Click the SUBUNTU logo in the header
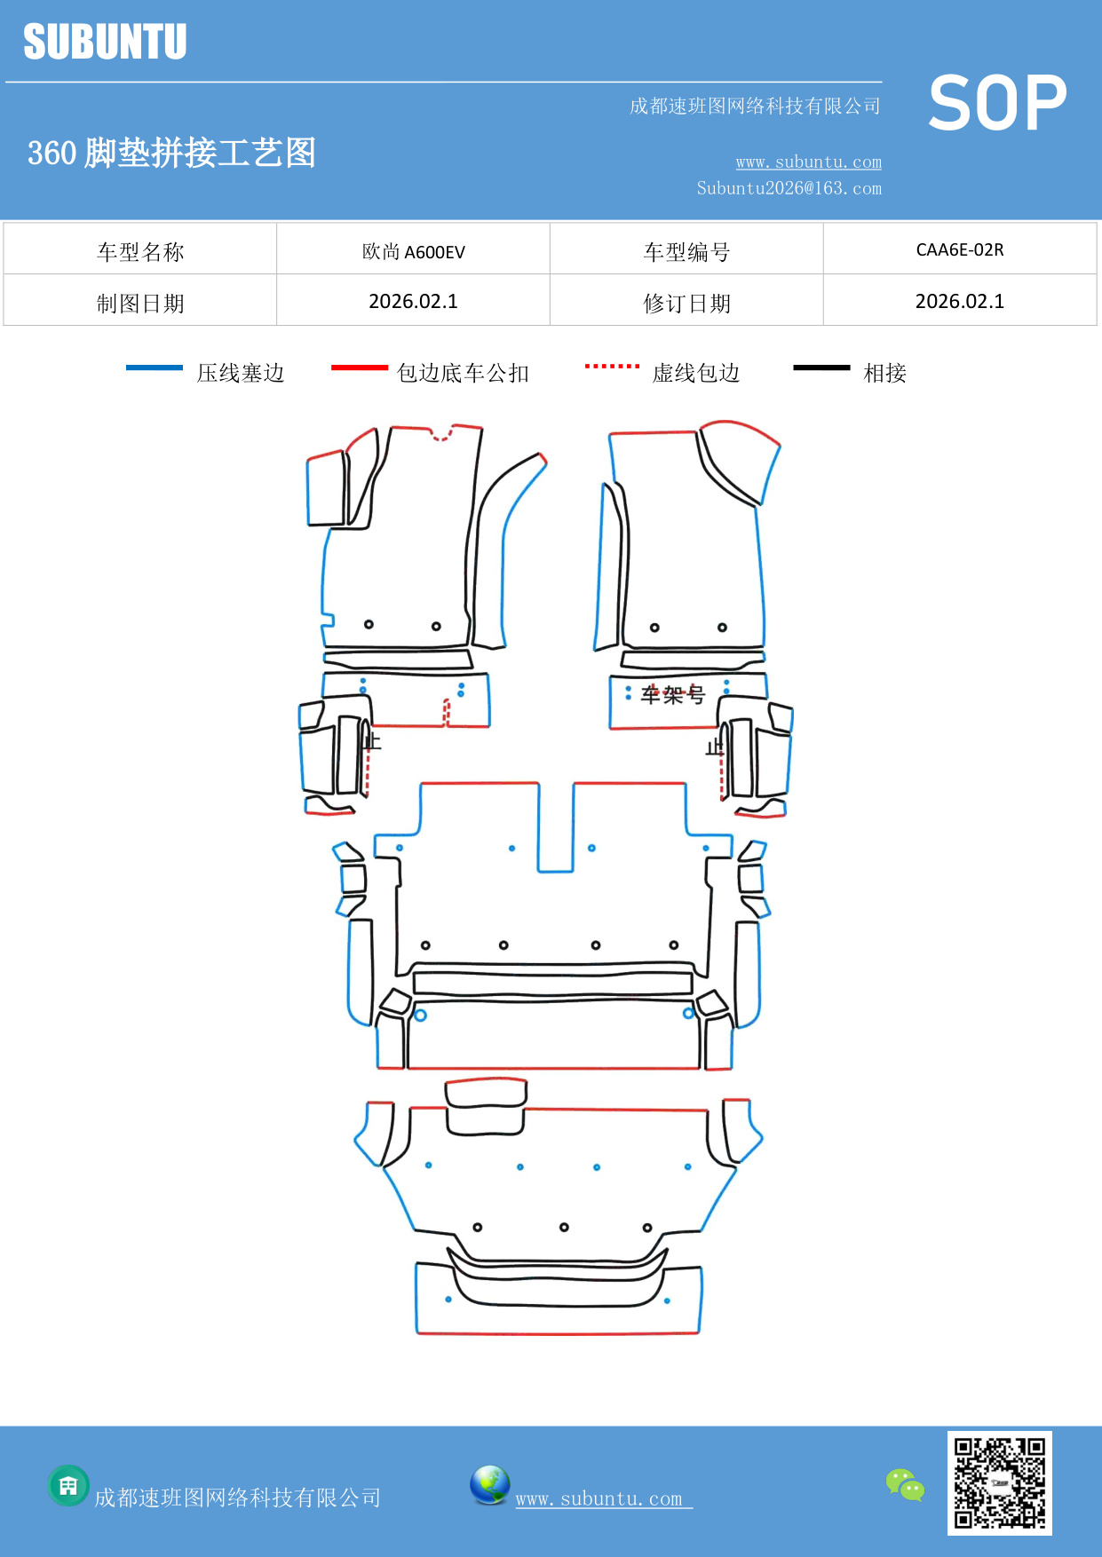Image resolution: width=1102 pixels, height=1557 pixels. click(x=105, y=42)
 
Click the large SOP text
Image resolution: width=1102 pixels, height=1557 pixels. click(x=996, y=104)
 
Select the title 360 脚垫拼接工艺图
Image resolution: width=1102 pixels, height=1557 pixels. click(x=171, y=153)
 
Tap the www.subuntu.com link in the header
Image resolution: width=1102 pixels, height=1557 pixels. click(x=808, y=162)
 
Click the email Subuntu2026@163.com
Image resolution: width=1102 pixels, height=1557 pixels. click(x=789, y=188)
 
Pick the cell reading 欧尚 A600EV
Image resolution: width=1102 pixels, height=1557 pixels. click(x=413, y=251)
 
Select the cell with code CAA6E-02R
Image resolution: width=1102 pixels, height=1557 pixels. click(x=959, y=249)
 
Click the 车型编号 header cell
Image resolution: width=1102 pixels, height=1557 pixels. click(x=686, y=252)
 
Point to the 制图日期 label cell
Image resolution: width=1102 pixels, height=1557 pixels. click(x=140, y=304)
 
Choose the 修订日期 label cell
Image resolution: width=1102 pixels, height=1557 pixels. click(x=686, y=304)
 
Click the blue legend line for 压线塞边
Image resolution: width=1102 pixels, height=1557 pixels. click(x=155, y=368)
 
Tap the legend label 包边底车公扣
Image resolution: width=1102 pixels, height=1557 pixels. click(x=463, y=373)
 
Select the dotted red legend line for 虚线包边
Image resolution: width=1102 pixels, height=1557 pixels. click(x=612, y=366)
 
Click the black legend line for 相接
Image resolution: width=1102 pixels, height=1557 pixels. click(x=821, y=368)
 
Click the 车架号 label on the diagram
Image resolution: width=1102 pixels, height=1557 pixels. click(x=672, y=694)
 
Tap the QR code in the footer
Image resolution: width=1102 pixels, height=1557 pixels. click(x=999, y=1482)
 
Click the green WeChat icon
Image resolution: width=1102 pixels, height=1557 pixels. click(x=905, y=1484)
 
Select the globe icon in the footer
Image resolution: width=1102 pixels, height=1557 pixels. click(x=489, y=1485)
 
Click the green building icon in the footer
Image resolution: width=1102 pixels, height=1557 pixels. click(x=68, y=1485)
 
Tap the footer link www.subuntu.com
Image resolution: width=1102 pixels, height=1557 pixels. click(x=599, y=1498)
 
